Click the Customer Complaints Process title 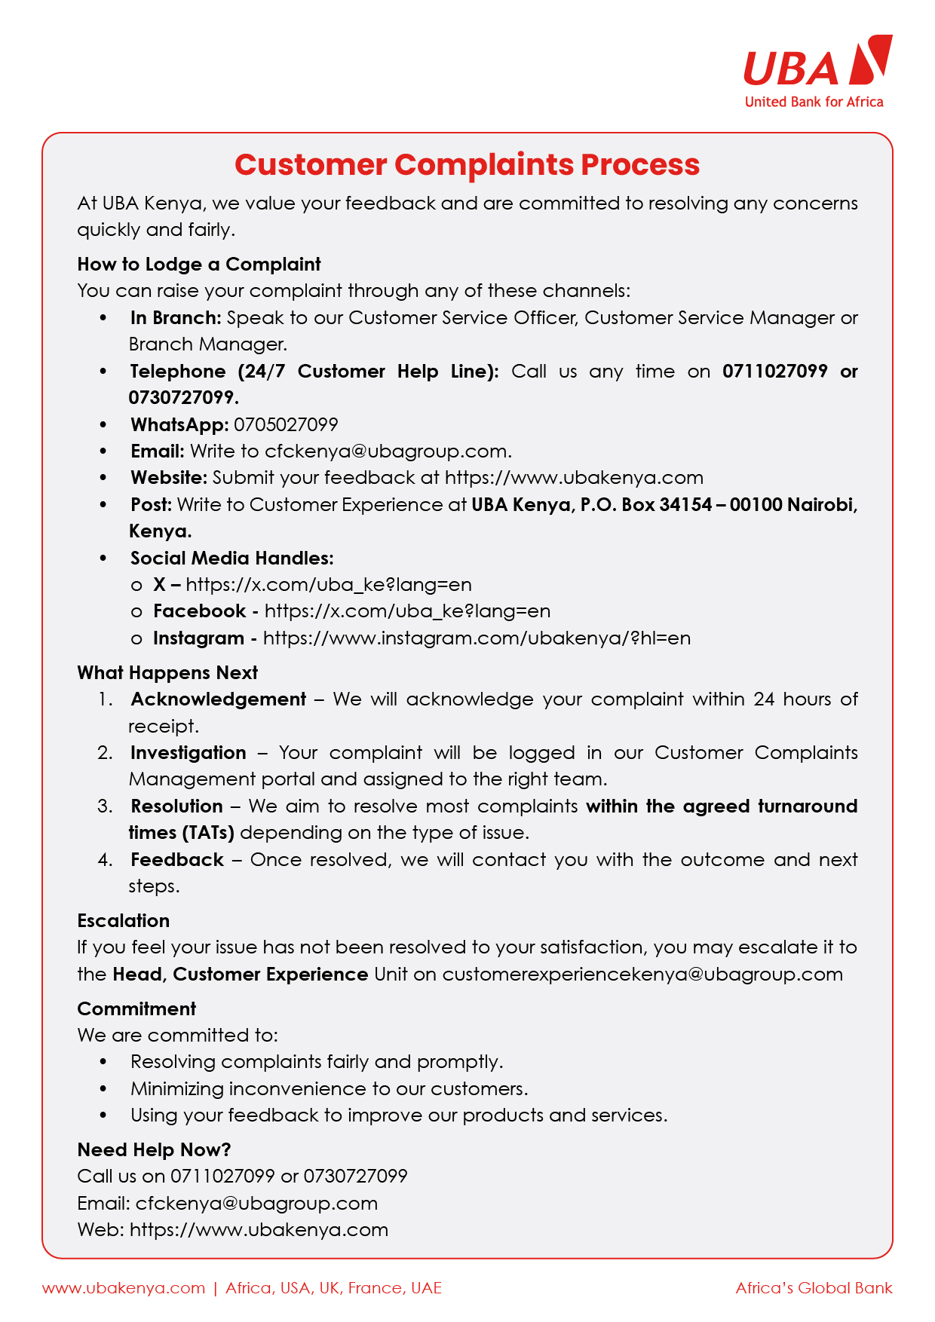point(467,165)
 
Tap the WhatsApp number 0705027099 point(286,425)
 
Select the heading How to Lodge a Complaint point(199,265)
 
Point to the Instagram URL point(477,638)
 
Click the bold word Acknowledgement point(219,699)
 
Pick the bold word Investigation point(189,753)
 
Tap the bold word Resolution point(177,806)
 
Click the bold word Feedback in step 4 point(177,860)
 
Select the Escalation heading point(124,921)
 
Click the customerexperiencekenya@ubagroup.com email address point(642,975)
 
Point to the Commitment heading point(136,1009)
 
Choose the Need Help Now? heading point(154,1150)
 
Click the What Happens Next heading point(167,673)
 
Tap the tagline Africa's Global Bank point(814,1288)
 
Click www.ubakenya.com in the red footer point(124,1288)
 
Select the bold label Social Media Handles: point(231,558)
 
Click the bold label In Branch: point(176,318)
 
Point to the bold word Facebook point(200,611)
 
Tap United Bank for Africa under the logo point(814,103)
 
